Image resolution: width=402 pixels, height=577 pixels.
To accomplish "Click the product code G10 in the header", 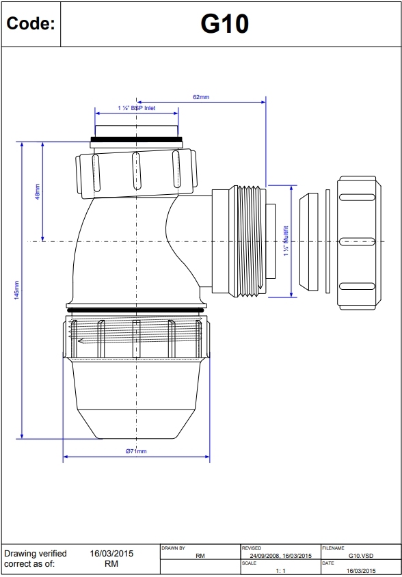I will click(224, 24).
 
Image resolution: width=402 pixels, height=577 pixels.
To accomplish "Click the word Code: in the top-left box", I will click(30, 24).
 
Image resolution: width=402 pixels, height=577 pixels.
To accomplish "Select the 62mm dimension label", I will click(201, 97).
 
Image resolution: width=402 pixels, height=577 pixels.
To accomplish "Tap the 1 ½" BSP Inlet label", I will click(137, 108).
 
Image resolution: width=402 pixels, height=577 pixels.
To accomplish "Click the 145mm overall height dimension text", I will click(16, 290).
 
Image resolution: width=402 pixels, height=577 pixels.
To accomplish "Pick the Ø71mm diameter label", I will click(136, 451).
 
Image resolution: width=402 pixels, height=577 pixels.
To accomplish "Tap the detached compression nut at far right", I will click(357, 242).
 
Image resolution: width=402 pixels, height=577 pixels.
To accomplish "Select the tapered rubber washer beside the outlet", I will click(308, 241).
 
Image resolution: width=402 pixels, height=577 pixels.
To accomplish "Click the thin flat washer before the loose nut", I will click(328, 241).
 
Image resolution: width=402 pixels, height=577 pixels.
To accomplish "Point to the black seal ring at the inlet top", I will click(136, 142).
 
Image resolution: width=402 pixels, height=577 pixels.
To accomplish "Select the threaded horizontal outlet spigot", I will click(245, 241).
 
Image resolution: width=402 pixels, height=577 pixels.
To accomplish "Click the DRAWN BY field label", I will click(174, 548).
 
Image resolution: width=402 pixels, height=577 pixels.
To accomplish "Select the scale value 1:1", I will click(280, 570).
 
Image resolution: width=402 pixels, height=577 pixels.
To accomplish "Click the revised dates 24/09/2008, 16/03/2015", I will click(280, 556).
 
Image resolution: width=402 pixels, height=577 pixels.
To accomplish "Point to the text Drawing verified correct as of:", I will click(36, 559).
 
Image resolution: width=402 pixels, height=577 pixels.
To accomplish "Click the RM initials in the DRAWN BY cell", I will click(200, 556).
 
